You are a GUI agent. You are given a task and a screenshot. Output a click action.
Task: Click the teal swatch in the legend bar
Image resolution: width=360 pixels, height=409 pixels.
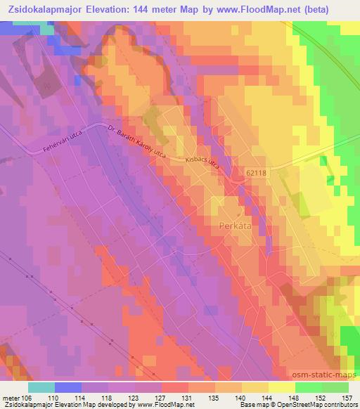point(41,387)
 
